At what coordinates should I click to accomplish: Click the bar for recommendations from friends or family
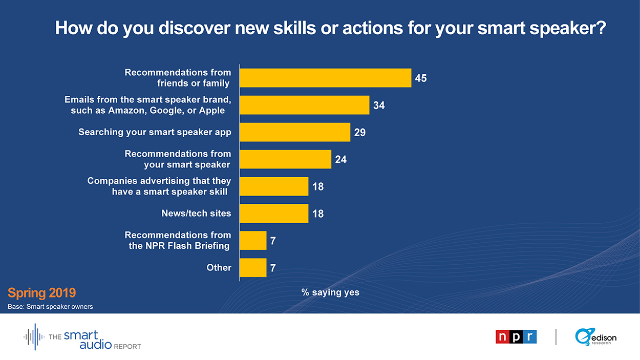point(326,78)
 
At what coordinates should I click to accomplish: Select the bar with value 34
point(305,105)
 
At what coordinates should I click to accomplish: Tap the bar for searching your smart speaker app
point(295,132)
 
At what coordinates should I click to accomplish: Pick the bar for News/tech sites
point(274,214)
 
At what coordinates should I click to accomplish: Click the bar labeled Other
point(253,268)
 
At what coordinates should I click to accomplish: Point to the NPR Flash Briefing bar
point(253,241)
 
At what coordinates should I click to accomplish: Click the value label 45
point(421,78)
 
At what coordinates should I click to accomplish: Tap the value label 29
point(360,132)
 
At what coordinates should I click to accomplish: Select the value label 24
point(341,159)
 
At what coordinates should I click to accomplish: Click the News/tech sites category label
point(196,213)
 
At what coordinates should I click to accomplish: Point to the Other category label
point(219,267)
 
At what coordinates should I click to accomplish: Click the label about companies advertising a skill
point(159,186)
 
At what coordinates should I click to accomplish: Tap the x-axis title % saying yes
point(330,292)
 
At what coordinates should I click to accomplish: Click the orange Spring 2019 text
point(41,293)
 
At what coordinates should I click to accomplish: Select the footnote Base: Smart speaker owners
point(50,307)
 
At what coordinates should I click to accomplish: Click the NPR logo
point(516,337)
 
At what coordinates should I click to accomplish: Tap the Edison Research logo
point(596,337)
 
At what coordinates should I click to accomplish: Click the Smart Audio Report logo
point(82,337)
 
